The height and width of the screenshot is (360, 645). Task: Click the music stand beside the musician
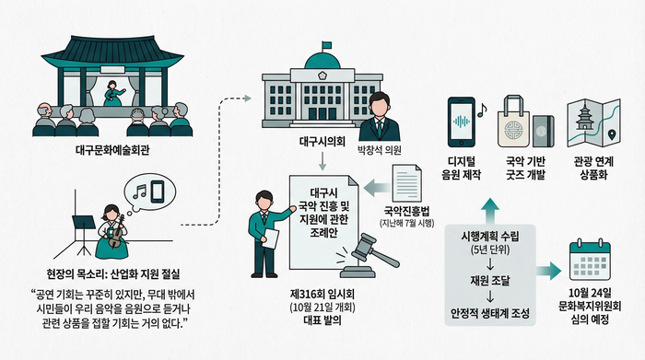(82, 227)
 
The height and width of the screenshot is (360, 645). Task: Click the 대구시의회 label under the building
(322, 144)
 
